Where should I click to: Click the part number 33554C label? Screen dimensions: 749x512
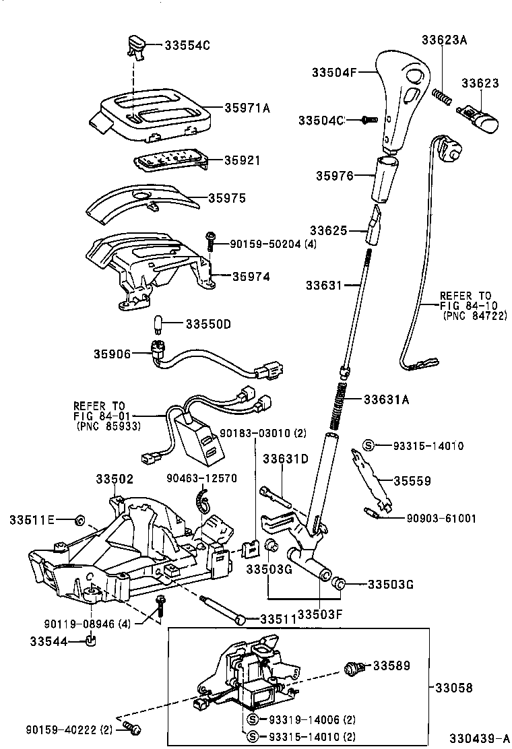[x=188, y=45]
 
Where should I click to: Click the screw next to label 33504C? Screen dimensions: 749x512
[x=368, y=119]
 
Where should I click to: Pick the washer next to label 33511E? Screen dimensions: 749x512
[x=78, y=519]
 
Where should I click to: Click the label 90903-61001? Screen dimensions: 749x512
[x=441, y=518]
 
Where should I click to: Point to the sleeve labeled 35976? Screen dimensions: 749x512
[x=386, y=178]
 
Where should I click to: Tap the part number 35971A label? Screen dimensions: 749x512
[x=247, y=108]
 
